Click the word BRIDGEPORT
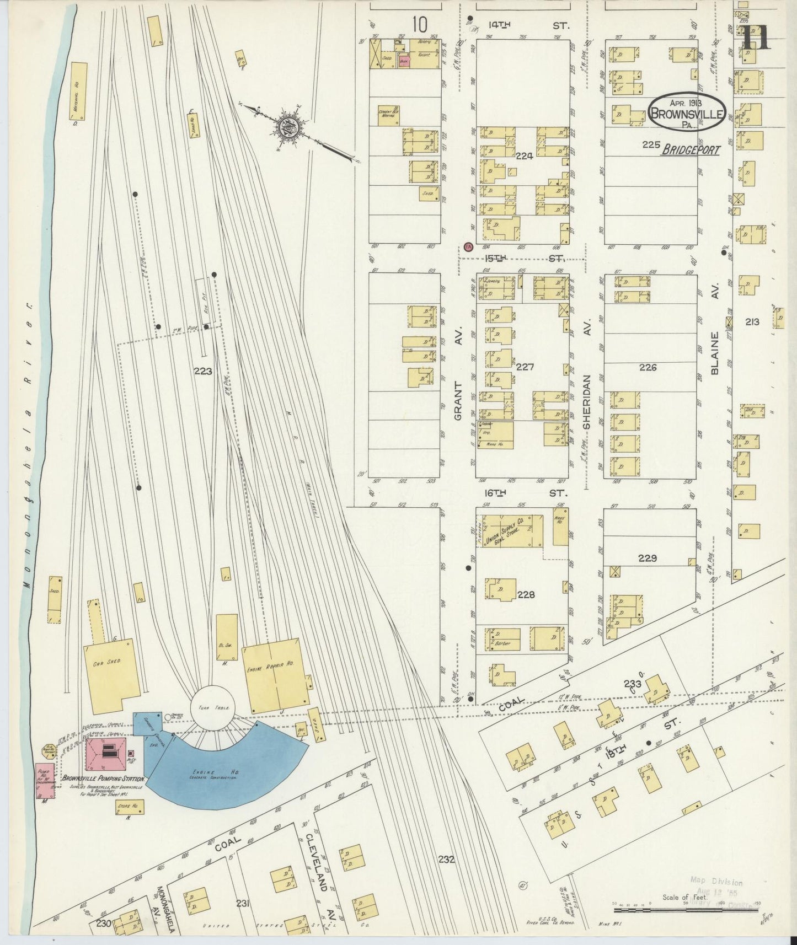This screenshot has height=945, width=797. click(691, 149)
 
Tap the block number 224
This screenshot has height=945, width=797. click(524, 156)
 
